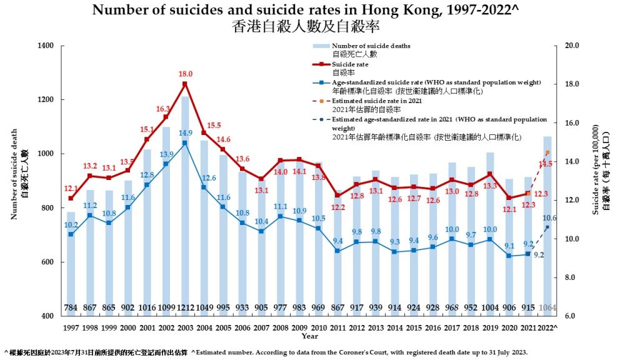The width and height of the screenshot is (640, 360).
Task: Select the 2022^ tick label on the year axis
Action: point(547,327)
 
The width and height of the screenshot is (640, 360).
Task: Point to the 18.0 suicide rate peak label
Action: point(186,74)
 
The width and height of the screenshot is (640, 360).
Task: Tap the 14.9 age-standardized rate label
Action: point(186,132)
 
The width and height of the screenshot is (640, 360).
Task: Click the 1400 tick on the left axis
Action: point(46,46)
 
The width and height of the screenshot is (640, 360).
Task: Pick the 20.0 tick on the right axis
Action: point(572,46)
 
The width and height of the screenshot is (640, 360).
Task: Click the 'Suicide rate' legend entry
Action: point(350,64)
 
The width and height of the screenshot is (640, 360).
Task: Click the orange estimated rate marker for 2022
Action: point(547,152)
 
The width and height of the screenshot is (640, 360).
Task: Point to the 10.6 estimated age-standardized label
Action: point(550,218)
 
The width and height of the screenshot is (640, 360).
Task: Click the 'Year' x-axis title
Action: point(310,336)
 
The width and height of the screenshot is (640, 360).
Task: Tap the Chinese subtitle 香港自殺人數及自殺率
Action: point(306,27)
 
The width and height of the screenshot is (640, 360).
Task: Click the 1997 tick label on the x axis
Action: point(71,327)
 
